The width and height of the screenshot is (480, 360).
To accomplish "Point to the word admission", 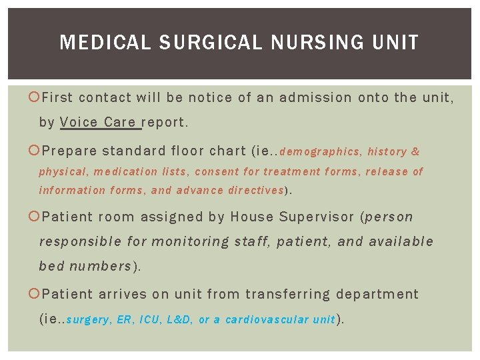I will click(x=315, y=98).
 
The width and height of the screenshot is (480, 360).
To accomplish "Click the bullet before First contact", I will click(x=35, y=98).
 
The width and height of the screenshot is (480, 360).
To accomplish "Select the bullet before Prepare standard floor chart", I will click(x=35, y=151).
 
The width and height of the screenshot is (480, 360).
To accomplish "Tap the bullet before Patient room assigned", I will click(x=35, y=217).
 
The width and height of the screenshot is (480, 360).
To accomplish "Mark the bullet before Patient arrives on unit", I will click(x=35, y=294).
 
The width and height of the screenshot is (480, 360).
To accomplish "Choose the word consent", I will click(x=217, y=172).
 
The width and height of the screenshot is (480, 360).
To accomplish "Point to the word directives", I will click(x=256, y=191).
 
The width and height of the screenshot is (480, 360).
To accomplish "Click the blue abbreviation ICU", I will click(x=149, y=320).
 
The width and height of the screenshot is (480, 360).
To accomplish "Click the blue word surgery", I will click(x=89, y=321).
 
